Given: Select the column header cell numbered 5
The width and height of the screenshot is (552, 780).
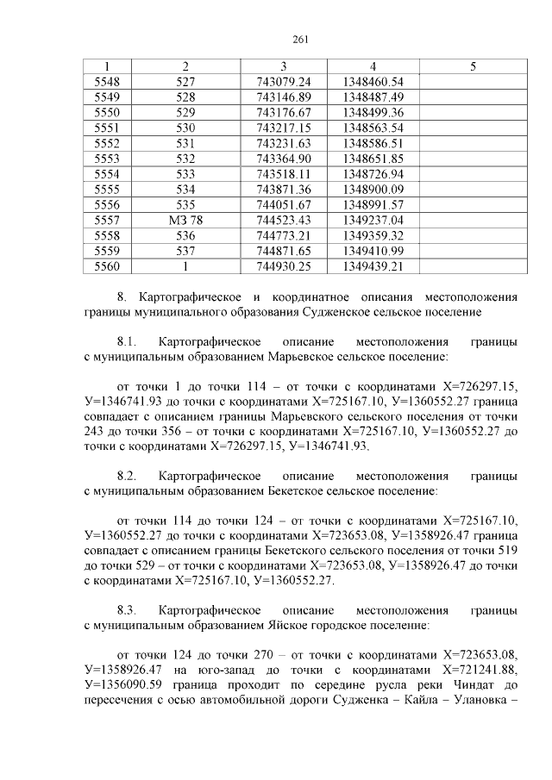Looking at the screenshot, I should [473, 66].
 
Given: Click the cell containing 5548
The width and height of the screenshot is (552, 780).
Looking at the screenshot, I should [107, 81].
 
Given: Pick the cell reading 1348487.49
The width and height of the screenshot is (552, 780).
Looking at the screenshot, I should [373, 97].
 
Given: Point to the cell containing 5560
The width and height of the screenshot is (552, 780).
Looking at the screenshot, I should [107, 267].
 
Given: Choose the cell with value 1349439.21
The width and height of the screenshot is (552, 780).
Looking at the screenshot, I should [373, 267].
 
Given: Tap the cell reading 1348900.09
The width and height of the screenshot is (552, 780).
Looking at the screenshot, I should [373, 190].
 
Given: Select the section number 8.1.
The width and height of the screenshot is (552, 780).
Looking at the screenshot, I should [128, 341].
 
